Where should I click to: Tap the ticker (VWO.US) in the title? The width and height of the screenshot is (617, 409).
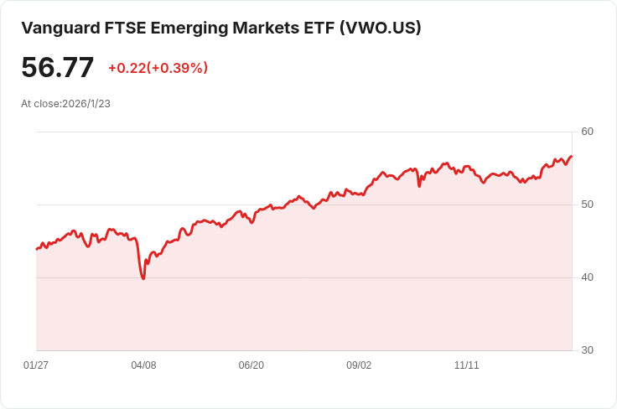(x=381, y=28)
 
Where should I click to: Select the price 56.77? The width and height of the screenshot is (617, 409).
(x=57, y=67)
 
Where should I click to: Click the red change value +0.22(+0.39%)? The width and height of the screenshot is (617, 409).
(x=158, y=68)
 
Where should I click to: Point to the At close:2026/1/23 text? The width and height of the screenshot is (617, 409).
(x=65, y=104)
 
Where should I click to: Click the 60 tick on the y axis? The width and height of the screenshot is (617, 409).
(x=587, y=132)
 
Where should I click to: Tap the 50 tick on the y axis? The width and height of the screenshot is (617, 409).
(x=587, y=204)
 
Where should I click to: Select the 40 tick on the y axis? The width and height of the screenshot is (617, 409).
(x=587, y=277)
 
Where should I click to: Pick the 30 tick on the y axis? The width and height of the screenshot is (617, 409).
(x=587, y=350)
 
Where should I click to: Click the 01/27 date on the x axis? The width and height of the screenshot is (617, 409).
(x=36, y=365)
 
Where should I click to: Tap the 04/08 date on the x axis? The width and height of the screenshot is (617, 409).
(x=143, y=365)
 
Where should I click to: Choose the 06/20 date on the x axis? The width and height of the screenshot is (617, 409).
(x=251, y=365)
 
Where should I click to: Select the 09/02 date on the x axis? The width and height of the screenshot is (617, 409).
(x=359, y=365)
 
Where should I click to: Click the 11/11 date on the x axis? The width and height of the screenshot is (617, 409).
(x=466, y=365)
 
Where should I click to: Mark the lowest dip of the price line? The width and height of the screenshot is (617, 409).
(x=143, y=278)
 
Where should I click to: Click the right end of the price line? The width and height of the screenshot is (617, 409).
(x=571, y=157)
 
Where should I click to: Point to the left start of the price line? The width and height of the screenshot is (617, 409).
(x=37, y=249)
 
